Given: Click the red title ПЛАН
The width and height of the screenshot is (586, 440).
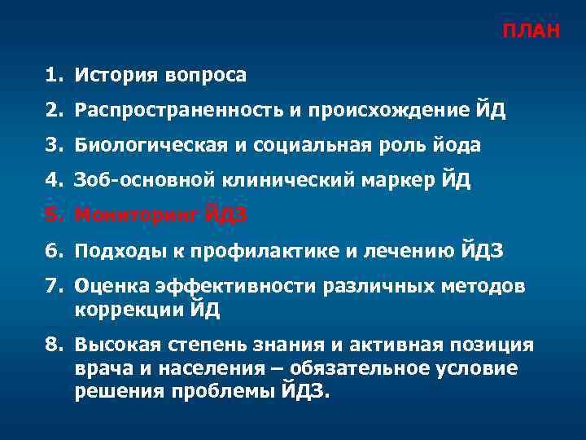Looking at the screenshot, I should (x=530, y=32).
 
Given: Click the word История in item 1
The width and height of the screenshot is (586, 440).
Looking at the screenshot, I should (x=116, y=76).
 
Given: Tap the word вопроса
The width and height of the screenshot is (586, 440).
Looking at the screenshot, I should (x=206, y=76).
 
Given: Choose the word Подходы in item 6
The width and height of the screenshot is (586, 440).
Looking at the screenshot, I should (x=113, y=251).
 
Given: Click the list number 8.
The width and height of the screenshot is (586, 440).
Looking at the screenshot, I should (x=54, y=345).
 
